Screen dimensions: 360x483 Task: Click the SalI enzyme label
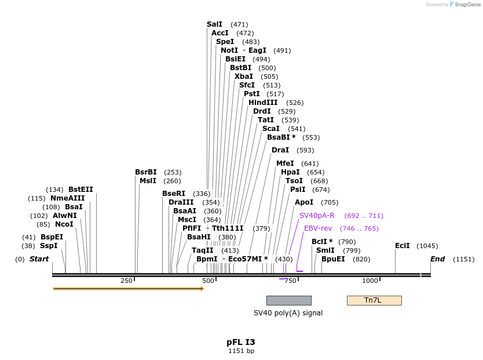214,24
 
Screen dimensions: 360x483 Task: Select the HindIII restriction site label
263,103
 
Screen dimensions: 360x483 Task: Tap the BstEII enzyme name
80,190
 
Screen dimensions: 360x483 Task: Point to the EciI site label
402,246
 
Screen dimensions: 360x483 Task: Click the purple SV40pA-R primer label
317,216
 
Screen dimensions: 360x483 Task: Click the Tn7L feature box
374,300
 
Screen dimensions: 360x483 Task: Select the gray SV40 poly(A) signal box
288,300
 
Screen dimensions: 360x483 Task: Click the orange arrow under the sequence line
128,288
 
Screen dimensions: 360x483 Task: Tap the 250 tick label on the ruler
126,281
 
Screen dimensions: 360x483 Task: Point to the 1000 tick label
370,281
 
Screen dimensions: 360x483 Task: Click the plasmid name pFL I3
241,342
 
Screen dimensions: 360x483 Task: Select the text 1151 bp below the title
241,351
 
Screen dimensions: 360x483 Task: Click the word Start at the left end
39,259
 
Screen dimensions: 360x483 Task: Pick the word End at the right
437,259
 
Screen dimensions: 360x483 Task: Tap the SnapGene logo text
467,5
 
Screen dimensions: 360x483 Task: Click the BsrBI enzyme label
146,172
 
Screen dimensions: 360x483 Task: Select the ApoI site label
304,202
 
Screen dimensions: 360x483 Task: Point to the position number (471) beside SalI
239,24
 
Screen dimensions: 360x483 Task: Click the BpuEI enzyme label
333,259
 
